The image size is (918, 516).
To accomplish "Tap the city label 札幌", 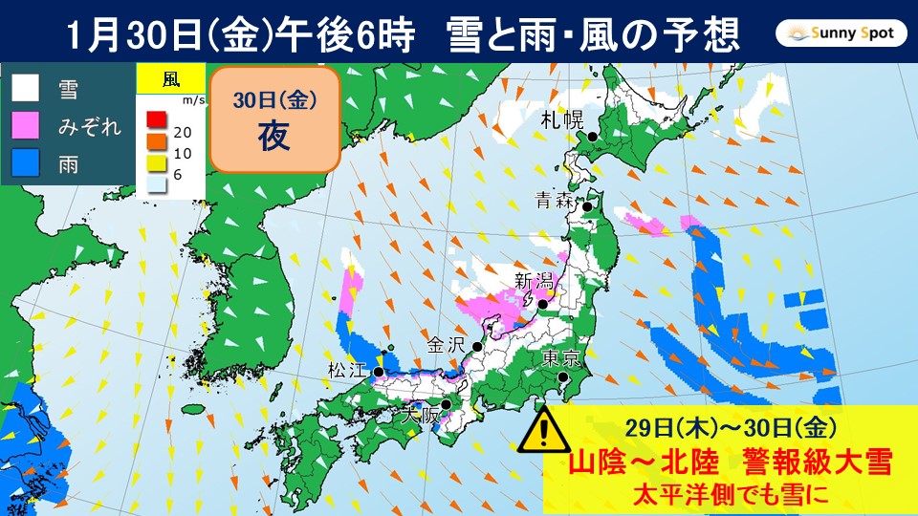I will (559, 119).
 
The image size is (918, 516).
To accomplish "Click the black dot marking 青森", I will (589, 204).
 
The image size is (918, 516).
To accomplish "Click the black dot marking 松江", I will (380, 372).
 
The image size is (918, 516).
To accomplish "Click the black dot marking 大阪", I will (446, 404).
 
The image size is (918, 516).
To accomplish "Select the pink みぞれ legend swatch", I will (26, 125).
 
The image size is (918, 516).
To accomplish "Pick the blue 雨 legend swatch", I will (26, 162).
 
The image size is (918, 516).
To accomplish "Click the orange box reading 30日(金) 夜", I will (273, 119).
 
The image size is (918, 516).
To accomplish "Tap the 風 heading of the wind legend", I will (170, 78).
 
